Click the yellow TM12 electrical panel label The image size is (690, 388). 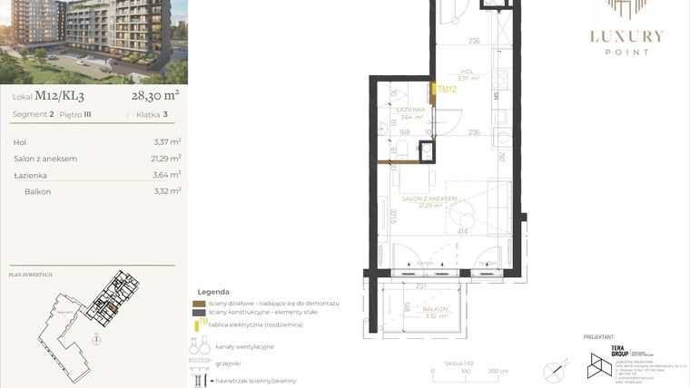(x=445, y=89)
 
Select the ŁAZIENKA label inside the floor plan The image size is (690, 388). (x=411, y=110)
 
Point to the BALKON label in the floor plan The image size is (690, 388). (x=435, y=310)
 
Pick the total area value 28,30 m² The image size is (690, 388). (x=155, y=93)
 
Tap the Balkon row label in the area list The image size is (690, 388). (x=38, y=191)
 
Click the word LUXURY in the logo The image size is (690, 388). (x=627, y=37)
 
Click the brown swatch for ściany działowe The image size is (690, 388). (x=200, y=304)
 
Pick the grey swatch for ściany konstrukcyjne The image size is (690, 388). (x=200, y=313)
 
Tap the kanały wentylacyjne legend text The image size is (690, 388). (x=245, y=346)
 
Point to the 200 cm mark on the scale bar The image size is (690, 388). (x=497, y=371)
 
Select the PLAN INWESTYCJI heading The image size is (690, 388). (x=30, y=273)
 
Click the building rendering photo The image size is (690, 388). (x=94, y=41)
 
